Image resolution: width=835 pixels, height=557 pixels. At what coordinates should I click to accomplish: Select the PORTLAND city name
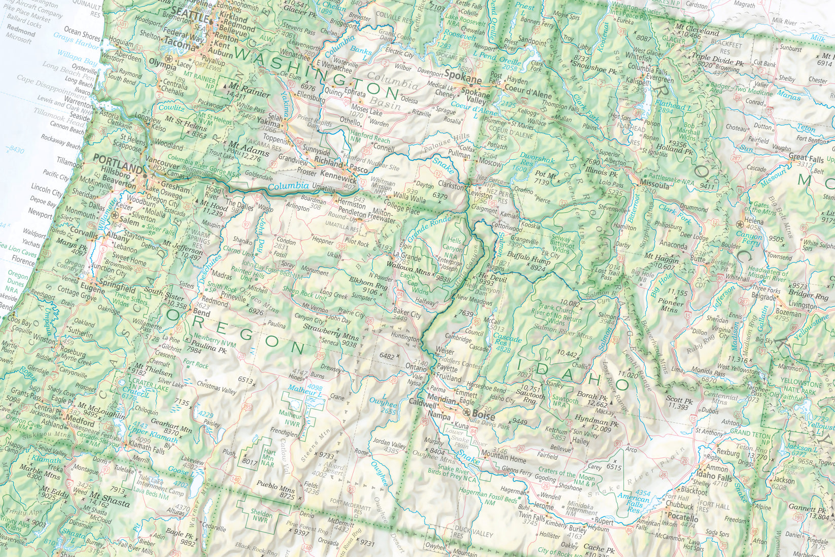pyautogui.click(x=116, y=169)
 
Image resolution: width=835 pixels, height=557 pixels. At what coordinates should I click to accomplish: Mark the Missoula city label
pyautogui.click(x=655, y=185)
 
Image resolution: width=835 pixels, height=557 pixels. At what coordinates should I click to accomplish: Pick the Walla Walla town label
pyautogui.click(x=409, y=200)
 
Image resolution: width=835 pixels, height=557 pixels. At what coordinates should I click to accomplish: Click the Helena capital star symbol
pyautogui.click(x=740, y=225)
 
